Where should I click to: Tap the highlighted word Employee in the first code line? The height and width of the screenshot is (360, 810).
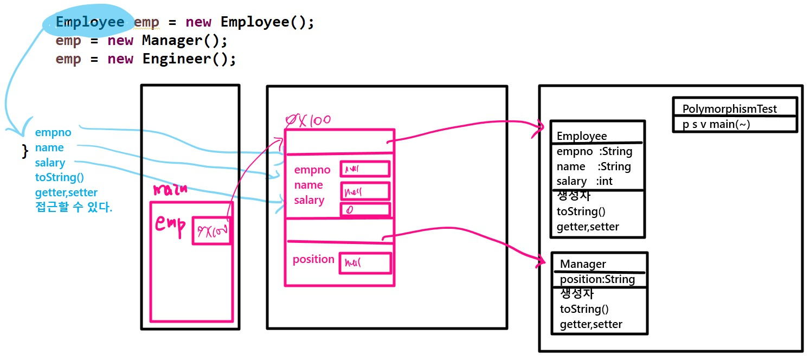pyautogui.click(x=90, y=22)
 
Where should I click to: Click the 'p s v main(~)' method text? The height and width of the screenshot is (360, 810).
pyautogui.click(x=716, y=125)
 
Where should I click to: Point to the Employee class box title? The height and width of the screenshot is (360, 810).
pyautogui.click(x=582, y=136)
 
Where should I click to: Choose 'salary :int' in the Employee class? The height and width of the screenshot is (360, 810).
pyautogui.click(x=584, y=181)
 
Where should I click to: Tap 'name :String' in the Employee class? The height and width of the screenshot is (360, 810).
pyautogui.click(x=594, y=166)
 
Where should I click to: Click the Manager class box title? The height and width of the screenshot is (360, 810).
pyautogui.click(x=583, y=264)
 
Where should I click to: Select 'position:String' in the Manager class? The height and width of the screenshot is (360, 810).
pyautogui.click(x=597, y=279)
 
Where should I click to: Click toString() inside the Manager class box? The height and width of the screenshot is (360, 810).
pyautogui.click(x=584, y=309)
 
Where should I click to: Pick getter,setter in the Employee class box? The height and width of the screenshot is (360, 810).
pyautogui.click(x=588, y=227)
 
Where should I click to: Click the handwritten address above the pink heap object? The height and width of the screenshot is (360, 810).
pyautogui.click(x=308, y=120)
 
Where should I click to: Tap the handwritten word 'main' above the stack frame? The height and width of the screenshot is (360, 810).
pyautogui.click(x=170, y=190)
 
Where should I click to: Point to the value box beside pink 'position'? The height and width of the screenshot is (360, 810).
pyautogui.click(x=365, y=263)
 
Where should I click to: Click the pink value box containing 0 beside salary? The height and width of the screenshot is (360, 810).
pyautogui.click(x=365, y=210)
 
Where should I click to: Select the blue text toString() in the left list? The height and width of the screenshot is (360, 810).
pyautogui.click(x=60, y=177)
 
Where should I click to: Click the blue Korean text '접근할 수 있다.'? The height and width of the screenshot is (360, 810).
pyautogui.click(x=74, y=207)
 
